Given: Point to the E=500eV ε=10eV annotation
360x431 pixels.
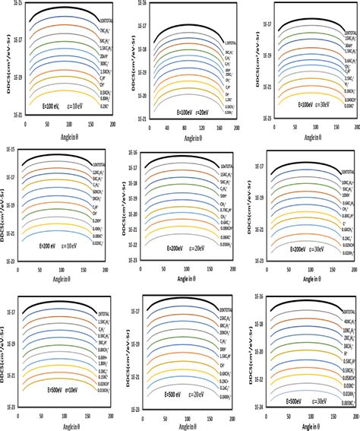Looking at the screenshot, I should (55, 395).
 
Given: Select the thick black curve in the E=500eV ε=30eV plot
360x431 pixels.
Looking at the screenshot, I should (304, 307).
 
